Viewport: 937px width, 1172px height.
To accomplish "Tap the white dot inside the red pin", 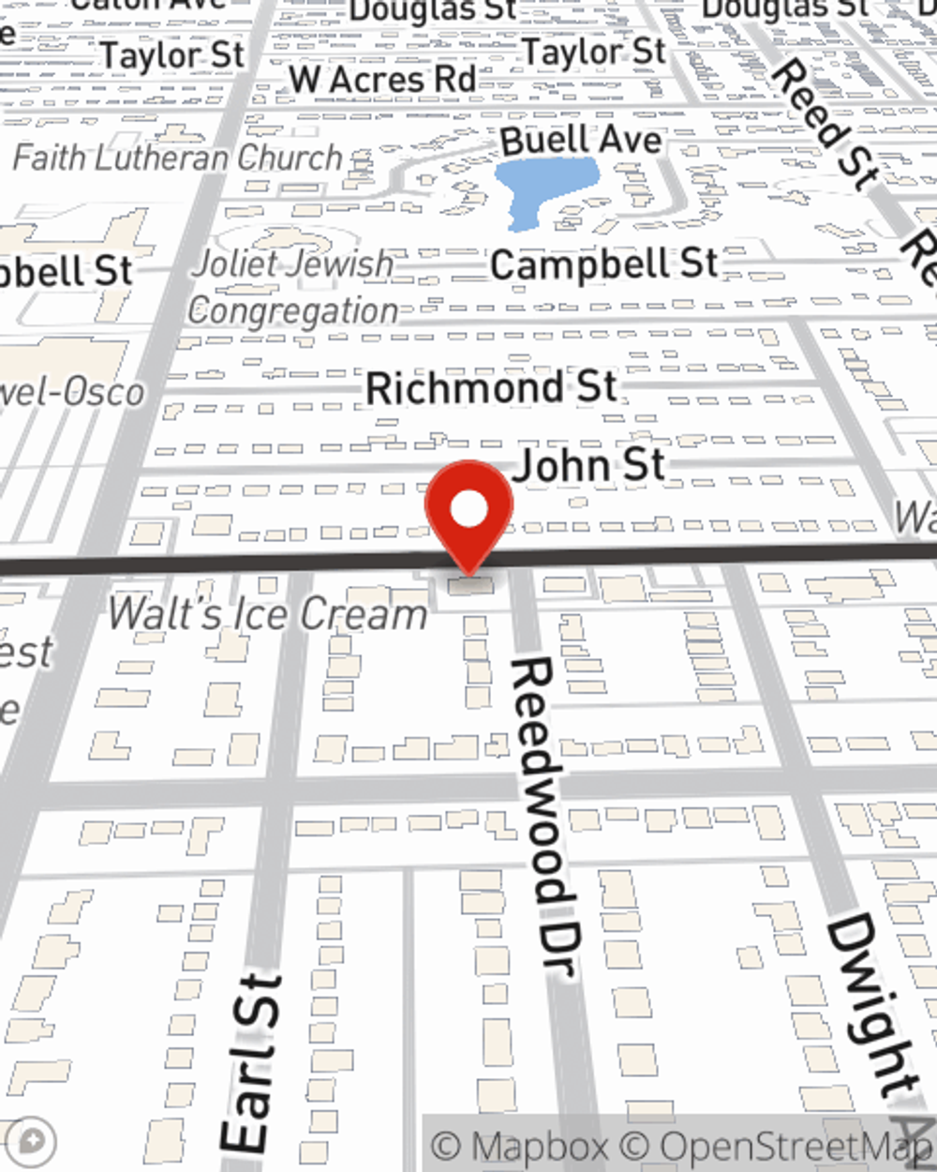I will pyautogui.click(x=468, y=510).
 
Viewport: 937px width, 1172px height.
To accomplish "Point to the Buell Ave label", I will pyautogui.click(x=581, y=141).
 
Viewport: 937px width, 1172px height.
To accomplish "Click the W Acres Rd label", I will pyautogui.click(x=382, y=80).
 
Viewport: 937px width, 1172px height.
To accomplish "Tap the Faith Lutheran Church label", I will pyautogui.click(x=178, y=158).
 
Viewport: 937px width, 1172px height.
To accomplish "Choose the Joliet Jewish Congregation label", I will pyautogui.click(x=293, y=286).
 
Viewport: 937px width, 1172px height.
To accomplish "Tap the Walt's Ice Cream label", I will pyautogui.click(x=267, y=614).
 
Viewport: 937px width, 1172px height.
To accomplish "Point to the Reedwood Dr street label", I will pyautogui.click(x=543, y=816).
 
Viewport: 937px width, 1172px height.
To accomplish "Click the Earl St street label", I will pyautogui.click(x=250, y=1064).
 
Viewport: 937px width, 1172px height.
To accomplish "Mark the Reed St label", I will pyautogui.click(x=825, y=117).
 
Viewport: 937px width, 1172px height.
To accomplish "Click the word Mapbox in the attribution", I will pyautogui.click(x=539, y=1147).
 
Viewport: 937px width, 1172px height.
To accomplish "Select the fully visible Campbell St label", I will pyautogui.click(x=604, y=264).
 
